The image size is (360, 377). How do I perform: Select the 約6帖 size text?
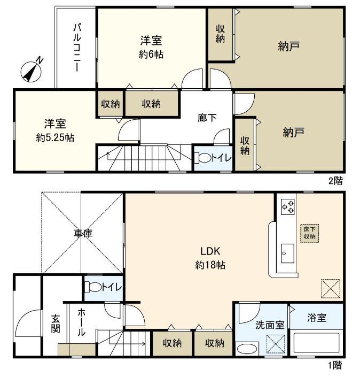click(152, 54)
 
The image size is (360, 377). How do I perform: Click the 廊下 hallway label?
click(207, 118)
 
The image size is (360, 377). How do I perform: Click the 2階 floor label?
click(335, 181)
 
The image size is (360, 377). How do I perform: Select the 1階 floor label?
click(334, 366)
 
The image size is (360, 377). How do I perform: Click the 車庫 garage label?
click(83, 234)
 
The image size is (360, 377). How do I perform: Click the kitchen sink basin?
click(287, 250)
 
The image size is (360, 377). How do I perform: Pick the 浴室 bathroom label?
click(317, 318)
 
